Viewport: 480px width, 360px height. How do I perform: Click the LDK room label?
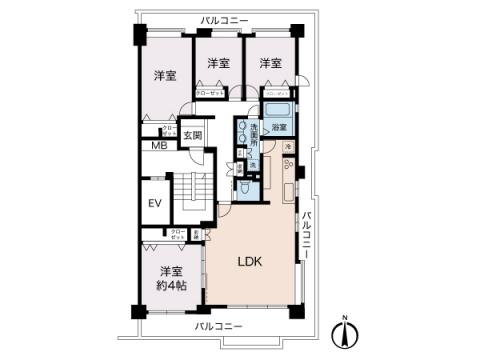251,263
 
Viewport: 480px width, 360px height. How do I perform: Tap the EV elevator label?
155,204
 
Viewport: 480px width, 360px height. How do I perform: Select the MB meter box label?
158,146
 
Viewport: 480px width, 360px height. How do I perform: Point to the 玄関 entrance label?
192,135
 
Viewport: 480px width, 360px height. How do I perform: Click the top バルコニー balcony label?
224,19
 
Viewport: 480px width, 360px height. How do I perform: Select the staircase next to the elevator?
191,190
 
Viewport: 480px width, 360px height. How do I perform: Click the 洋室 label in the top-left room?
165,76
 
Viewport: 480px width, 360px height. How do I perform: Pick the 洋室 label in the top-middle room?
219,63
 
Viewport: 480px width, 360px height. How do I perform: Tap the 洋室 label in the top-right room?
270,63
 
